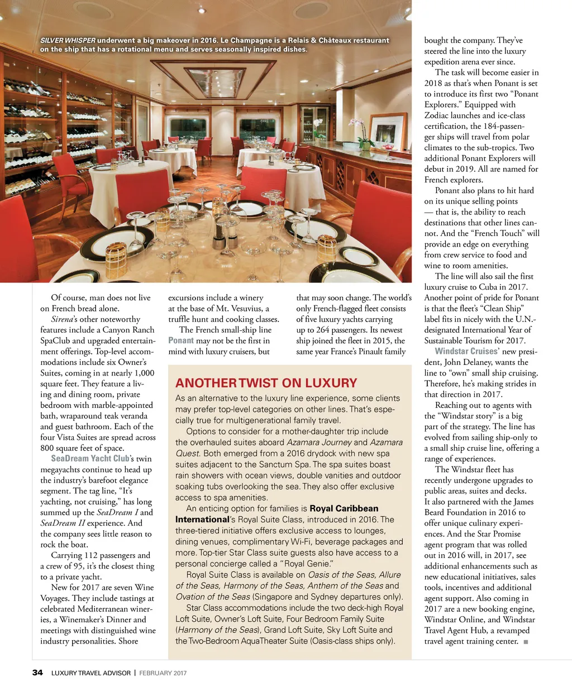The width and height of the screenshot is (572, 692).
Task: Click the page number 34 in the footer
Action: click(x=37, y=672)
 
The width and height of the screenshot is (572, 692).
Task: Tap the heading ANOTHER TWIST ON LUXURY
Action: click(x=266, y=383)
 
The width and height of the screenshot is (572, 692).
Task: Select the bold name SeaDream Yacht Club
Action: click(x=90, y=459)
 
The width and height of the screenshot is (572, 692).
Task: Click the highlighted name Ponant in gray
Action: click(x=181, y=340)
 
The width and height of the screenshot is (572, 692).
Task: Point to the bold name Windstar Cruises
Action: click(x=466, y=352)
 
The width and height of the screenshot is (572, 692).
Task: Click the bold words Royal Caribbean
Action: click(x=344, y=508)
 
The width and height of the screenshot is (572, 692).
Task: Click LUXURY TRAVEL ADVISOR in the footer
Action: click(x=90, y=673)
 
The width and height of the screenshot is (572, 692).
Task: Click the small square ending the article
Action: click(x=526, y=641)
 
